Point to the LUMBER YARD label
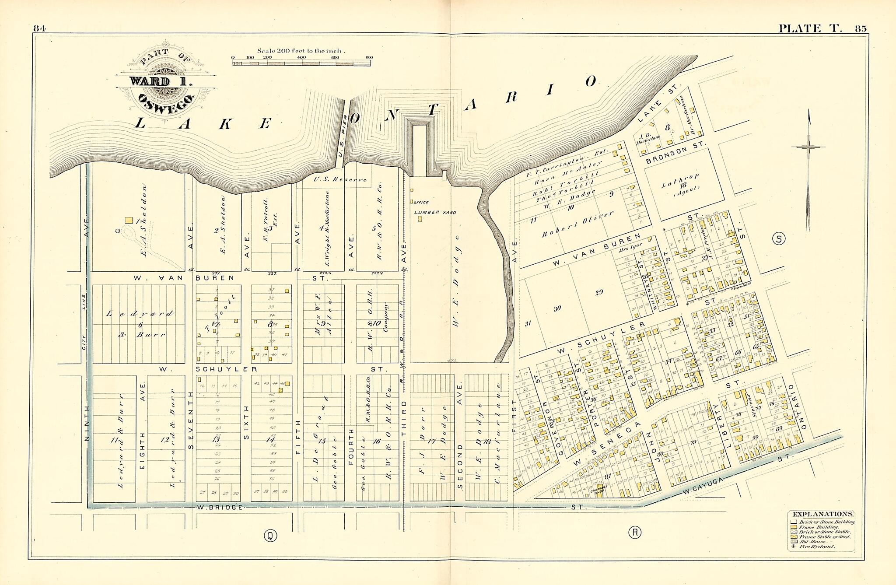[x=435, y=213]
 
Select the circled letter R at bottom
[x=634, y=532]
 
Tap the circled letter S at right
[x=779, y=238]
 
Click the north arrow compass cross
[x=808, y=147]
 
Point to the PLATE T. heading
[x=809, y=29]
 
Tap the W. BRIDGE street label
[x=219, y=508]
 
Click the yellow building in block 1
[x=129, y=221]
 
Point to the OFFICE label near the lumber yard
[x=421, y=203]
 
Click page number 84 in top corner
[x=39, y=29]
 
